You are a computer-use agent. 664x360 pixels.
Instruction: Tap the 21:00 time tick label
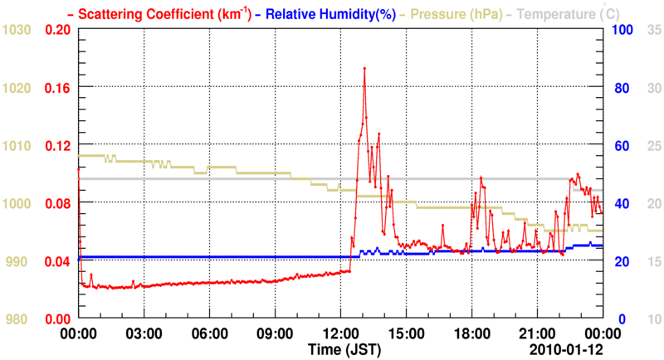click(x=537, y=333)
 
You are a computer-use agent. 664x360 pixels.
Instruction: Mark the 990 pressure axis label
click(x=19, y=261)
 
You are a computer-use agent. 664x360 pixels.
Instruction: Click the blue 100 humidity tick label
click(x=623, y=30)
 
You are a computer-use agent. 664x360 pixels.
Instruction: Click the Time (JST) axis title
click(x=348, y=348)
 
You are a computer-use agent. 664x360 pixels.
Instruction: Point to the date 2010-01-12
click(x=568, y=348)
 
